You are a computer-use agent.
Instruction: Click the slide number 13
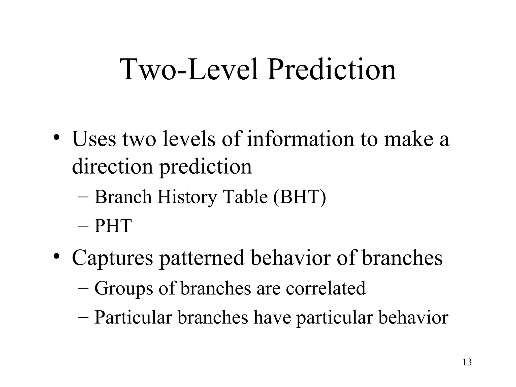click(x=467, y=362)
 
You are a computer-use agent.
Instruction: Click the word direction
click(x=112, y=167)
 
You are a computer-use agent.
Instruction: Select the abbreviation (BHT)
click(x=299, y=197)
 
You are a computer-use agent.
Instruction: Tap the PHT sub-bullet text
click(x=113, y=226)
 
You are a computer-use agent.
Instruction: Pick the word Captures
click(x=112, y=258)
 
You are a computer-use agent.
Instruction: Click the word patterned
click(x=202, y=258)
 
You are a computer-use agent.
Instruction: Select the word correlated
click(x=325, y=288)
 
